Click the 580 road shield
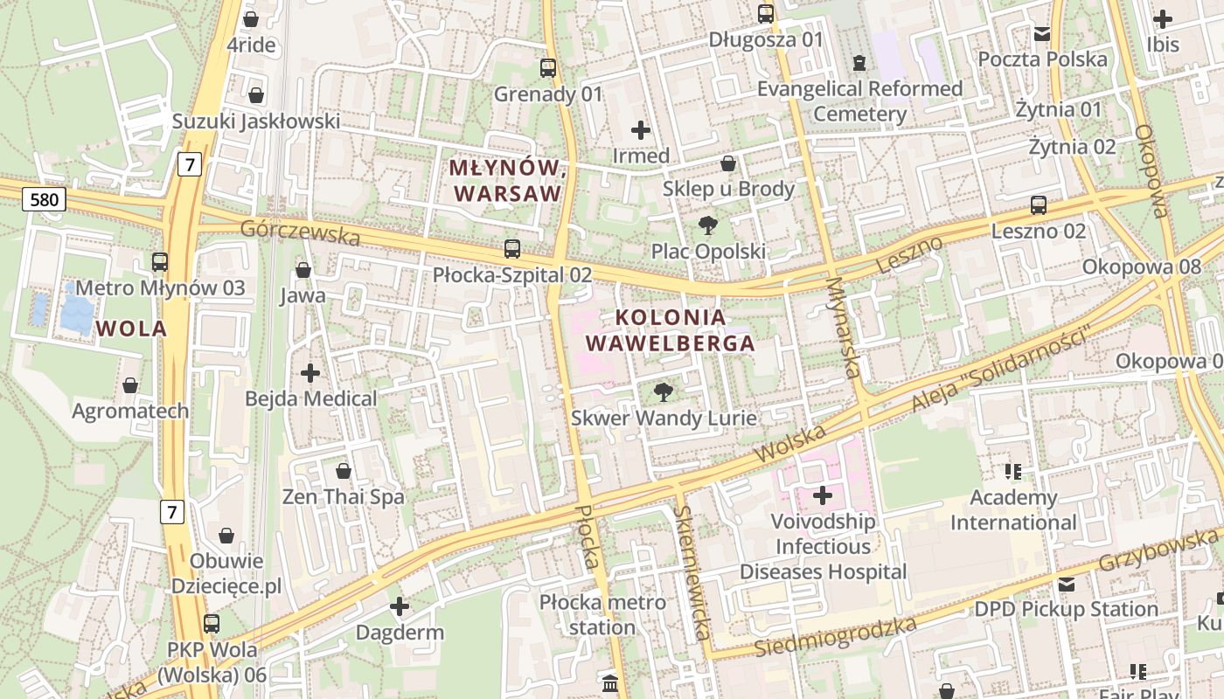tap(44, 200)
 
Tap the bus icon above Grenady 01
tap(548, 67)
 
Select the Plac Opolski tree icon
tap(707, 225)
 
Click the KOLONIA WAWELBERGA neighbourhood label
tap(670, 330)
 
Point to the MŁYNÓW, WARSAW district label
tap(505, 180)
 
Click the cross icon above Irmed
tap(640, 130)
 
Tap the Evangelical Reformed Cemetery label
tap(859, 100)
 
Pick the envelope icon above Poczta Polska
tap(1041, 33)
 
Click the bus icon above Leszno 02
tap(1038, 205)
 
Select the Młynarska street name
tap(843, 328)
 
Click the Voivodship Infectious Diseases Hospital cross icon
tap(822, 495)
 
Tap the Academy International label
tap(1013, 509)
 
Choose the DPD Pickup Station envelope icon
tap(1067, 584)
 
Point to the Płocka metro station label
tap(602, 614)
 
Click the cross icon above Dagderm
tap(400, 606)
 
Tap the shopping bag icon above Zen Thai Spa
tap(344, 471)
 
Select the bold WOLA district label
tap(131, 329)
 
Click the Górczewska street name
tap(300, 232)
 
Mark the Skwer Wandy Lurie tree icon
tap(664, 391)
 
